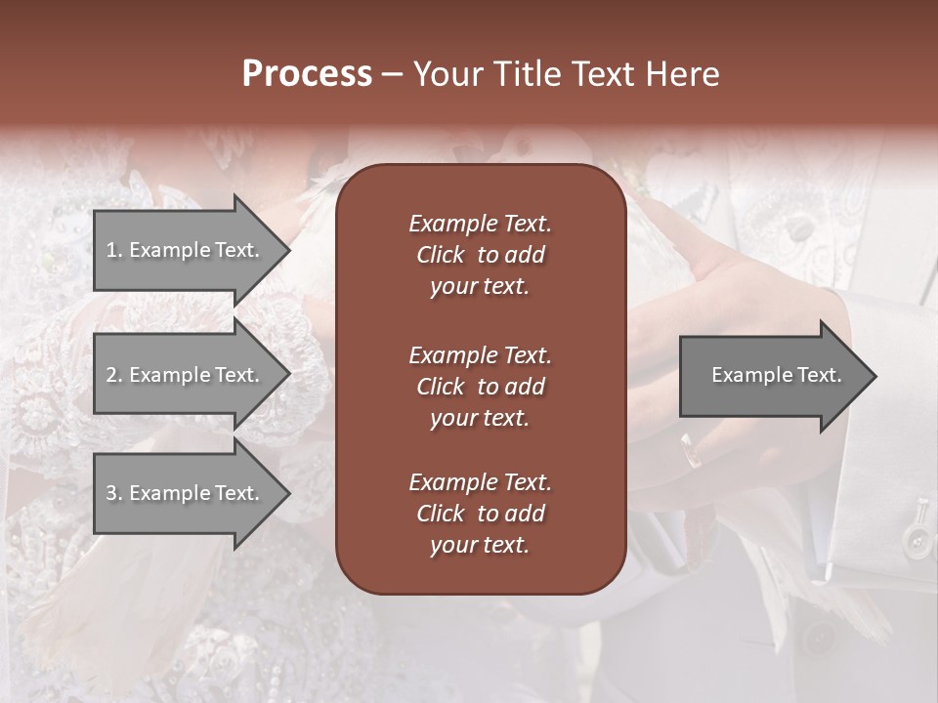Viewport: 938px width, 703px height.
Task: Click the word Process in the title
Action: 307,74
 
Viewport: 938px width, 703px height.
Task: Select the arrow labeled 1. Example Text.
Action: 186,250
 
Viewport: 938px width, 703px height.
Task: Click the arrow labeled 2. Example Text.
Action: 186,375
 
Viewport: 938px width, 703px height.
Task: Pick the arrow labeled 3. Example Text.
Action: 186,493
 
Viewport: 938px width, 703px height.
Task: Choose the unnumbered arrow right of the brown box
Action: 772,376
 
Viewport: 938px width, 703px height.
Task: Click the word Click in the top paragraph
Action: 440,255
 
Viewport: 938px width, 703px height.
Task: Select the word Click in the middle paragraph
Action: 440,387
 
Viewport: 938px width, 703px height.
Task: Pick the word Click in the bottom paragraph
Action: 440,514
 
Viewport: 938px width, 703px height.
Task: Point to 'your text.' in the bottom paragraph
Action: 480,546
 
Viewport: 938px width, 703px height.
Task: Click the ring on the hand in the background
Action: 690,449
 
